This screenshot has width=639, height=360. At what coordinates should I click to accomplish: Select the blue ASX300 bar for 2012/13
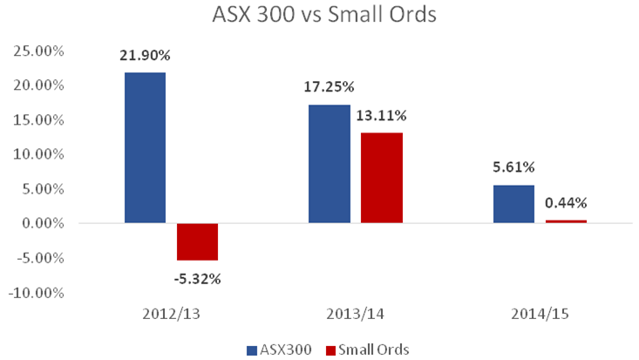click(145, 147)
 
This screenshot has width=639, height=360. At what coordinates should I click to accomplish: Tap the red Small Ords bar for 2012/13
click(197, 241)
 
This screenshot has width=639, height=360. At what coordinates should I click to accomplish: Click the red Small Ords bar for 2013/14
click(381, 178)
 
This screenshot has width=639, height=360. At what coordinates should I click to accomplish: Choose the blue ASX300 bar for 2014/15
click(513, 204)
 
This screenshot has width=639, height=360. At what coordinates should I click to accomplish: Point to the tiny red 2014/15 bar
click(566, 221)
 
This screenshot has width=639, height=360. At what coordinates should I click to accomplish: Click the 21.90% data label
click(146, 55)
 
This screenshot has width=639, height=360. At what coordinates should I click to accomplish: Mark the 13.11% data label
click(381, 115)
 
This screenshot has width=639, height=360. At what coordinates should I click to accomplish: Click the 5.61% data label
click(514, 167)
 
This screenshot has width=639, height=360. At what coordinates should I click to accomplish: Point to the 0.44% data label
click(566, 203)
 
